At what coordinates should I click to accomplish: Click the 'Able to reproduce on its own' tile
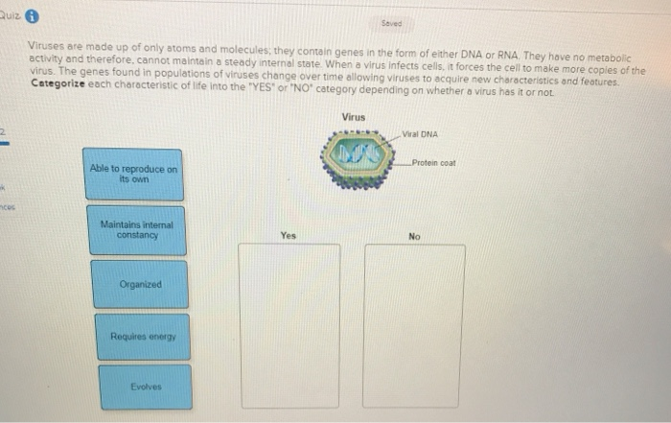pos(133,173)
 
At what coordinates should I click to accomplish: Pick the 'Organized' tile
pos(141,284)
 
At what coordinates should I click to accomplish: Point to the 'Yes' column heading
pos(289,234)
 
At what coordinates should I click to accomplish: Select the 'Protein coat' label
pos(434,163)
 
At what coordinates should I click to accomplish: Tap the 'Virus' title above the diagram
pos(353,117)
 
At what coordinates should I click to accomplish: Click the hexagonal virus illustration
pos(354,155)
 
